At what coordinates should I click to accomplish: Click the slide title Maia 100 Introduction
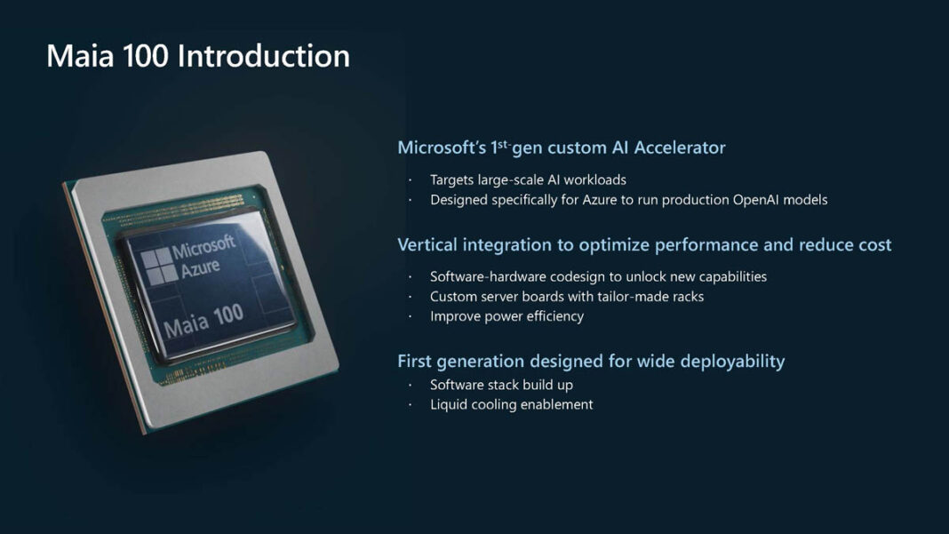tap(197, 56)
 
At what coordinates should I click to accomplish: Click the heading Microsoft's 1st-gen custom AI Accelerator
tap(561, 147)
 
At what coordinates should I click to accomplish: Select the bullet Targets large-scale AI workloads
tap(528, 179)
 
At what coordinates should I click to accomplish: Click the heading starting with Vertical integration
tap(643, 244)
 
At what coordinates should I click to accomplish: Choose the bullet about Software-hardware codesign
tap(598, 276)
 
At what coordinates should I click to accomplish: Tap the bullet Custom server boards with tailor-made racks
tap(566, 297)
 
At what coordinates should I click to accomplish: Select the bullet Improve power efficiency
tap(506, 316)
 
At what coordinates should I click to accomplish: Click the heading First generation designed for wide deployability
tap(590, 361)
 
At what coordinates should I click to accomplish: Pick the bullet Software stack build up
tap(501, 385)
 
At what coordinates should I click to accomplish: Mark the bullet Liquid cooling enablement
tap(511, 405)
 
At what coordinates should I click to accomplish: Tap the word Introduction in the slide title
tap(263, 56)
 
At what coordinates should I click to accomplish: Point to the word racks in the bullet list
tap(684, 297)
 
